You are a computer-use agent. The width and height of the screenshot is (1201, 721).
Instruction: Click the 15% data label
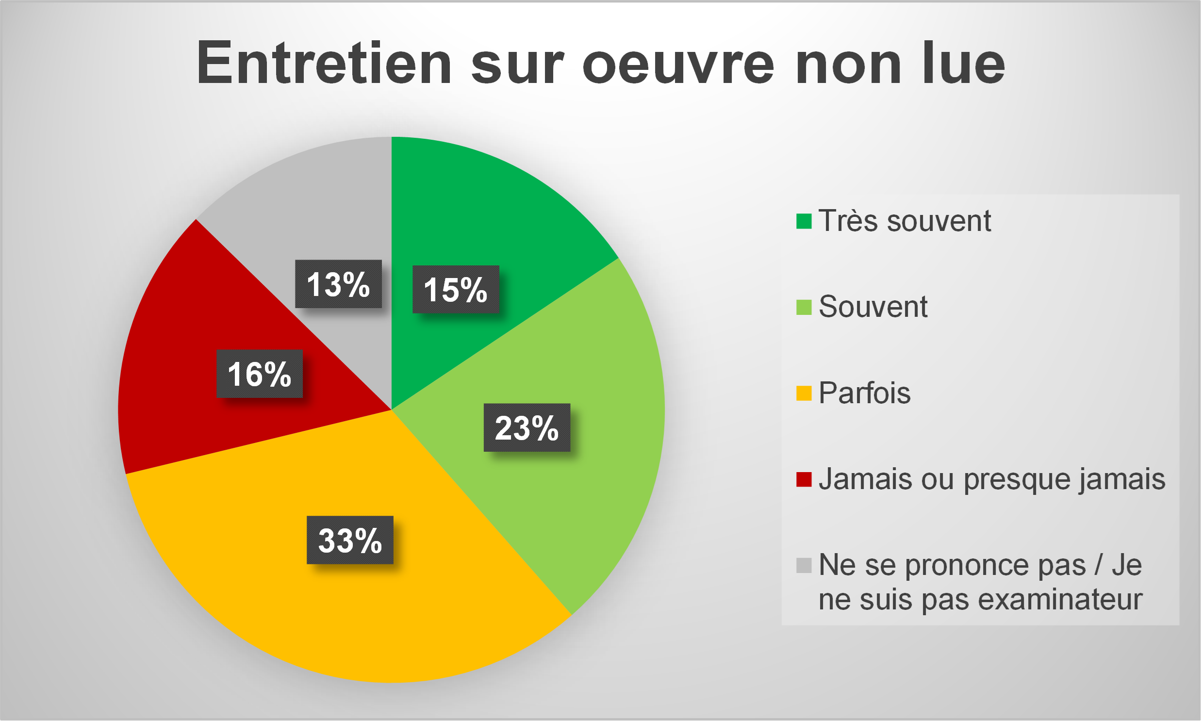[455, 290]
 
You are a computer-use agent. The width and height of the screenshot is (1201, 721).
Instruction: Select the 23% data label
[526, 427]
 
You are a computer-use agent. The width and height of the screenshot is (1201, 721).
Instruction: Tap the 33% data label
[350, 540]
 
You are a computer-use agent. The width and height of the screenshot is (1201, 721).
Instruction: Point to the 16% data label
[260, 374]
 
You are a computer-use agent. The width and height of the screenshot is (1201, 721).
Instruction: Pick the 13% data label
[338, 284]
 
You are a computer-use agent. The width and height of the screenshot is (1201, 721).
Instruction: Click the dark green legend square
[804, 221]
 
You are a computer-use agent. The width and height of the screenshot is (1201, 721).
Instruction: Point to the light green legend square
[804, 307]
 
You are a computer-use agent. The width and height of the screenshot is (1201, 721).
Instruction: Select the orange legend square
[804, 393]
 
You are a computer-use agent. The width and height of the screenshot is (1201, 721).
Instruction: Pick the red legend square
[804, 479]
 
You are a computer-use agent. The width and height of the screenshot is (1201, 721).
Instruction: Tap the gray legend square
[804, 565]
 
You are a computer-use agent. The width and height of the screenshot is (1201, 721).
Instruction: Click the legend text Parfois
[864, 393]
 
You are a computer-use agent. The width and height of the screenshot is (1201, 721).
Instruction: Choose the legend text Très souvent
[904, 221]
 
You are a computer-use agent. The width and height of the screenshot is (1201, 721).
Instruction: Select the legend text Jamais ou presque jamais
[991, 479]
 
